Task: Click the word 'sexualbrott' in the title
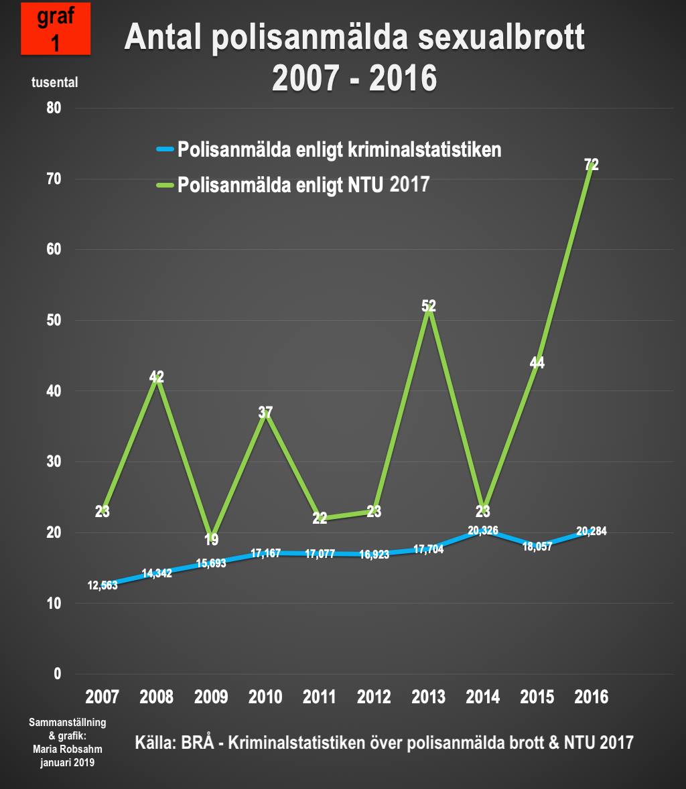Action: [x=501, y=38]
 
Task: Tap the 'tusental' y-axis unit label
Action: [x=55, y=82]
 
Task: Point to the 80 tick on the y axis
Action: [x=54, y=108]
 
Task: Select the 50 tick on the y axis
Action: [x=54, y=320]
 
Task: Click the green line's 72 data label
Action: [x=591, y=165]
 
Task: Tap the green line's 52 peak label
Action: [x=429, y=306]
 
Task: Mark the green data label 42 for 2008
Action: [x=156, y=377]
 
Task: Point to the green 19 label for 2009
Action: [x=211, y=540]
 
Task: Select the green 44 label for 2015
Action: [x=537, y=363]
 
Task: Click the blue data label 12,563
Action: [x=102, y=585]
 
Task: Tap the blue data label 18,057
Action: [x=537, y=547]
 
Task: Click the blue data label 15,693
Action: [x=210, y=563]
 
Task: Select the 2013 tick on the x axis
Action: [x=429, y=697]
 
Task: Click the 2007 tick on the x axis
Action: [x=102, y=697]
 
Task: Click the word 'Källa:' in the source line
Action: [x=155, y=742]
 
